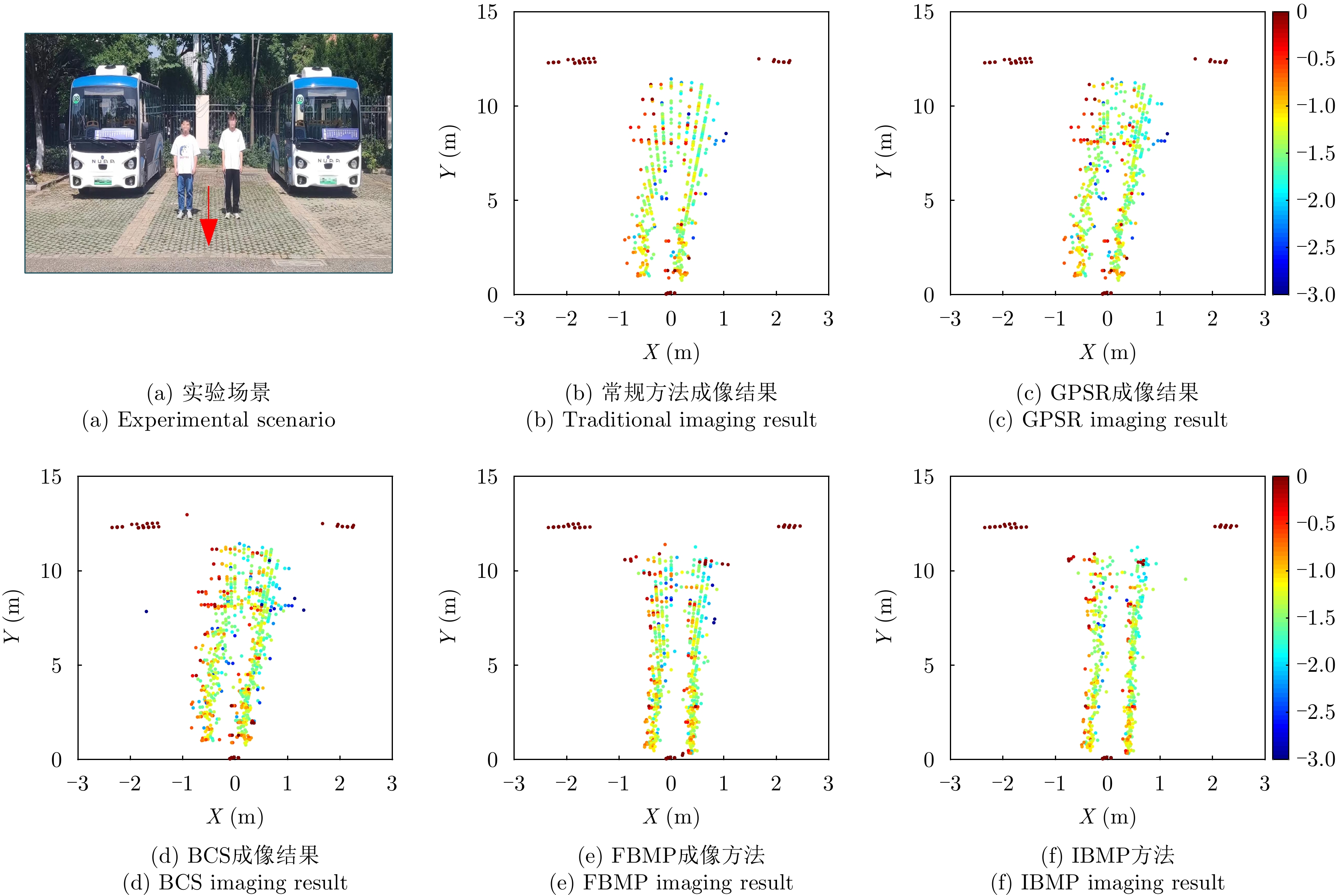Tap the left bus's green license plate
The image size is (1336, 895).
[102, 182]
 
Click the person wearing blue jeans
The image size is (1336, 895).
[184, 169]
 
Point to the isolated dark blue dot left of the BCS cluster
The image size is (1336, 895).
[146, 611]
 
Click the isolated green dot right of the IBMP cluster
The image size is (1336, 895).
[1185, 579]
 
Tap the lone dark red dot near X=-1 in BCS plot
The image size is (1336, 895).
[186, 515]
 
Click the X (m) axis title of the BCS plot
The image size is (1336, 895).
[234, 817]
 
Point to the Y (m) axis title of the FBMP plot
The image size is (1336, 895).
[448, 617]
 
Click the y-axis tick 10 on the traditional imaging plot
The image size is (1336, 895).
[488, 106]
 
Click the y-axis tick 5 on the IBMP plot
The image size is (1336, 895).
[928, 665]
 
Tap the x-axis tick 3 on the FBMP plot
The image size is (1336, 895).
[828, 784]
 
